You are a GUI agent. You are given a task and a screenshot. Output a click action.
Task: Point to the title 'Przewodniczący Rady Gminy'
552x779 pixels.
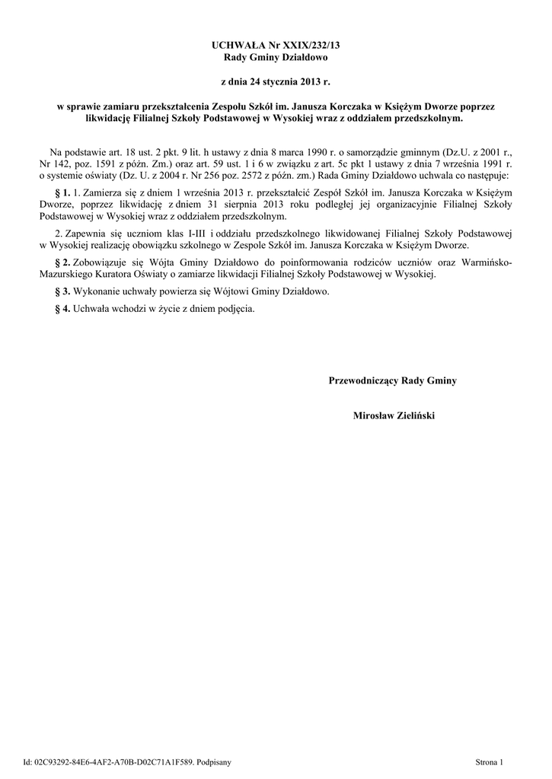(x=392, y=380)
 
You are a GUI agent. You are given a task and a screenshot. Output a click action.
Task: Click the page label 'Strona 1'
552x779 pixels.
(x=489, y=762)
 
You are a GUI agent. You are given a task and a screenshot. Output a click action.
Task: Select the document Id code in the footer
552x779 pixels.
(x=108, y=762)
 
